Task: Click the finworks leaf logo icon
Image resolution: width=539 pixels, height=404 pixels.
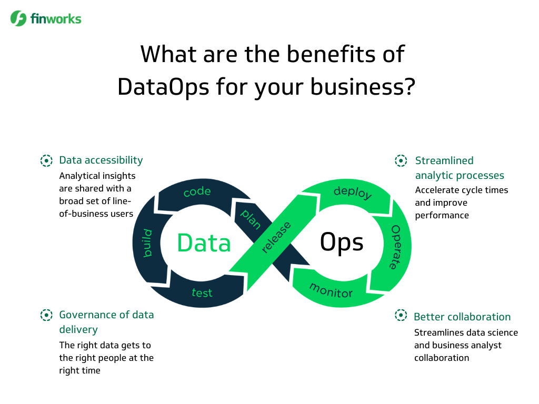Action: pyautogui.click(x=18, y=18)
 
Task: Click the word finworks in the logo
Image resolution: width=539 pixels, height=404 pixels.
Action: pyautogui.click(x=55, y=19)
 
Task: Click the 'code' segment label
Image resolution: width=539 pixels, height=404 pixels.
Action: pyautogui.click(x=197, y=192)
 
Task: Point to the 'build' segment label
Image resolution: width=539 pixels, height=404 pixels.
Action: pyautogui.click(x=148, y=243)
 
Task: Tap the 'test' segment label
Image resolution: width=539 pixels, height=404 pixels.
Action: pyautogui.click(x=202, y=292)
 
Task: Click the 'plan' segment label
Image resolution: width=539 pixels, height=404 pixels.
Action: pyautogui.click(x=251, y=219)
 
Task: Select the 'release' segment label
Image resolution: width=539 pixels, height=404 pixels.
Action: pyautogui.click(x=276, y=238)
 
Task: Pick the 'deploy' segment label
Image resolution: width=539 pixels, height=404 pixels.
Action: pyautogui.click(x=353, y=193)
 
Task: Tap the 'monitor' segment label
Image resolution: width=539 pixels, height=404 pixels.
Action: pyautogui.click(x=331, y=289)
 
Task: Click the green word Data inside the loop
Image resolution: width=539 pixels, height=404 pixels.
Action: pyautogui.click(x=204, y=243)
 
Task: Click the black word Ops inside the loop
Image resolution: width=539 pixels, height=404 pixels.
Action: pyautogui.click(x=342, y=243)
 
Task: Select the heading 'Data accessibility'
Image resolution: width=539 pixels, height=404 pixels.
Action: pyautogui.click(x=101, y=160)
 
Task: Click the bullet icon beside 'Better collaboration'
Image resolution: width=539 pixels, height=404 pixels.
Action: pyautogui.click(x=401, y=316)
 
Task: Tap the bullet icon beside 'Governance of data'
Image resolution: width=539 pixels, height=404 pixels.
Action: pyautogui.click(x=47, y=315)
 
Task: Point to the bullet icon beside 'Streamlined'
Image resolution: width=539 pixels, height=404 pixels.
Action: pyautogui.click(x=401, y=160)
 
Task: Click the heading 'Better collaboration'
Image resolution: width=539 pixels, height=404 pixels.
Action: pyautogui.click(x=462, y=317)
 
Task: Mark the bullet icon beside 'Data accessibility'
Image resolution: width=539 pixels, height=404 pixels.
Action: pyautogui.click(x=47, y=160)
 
